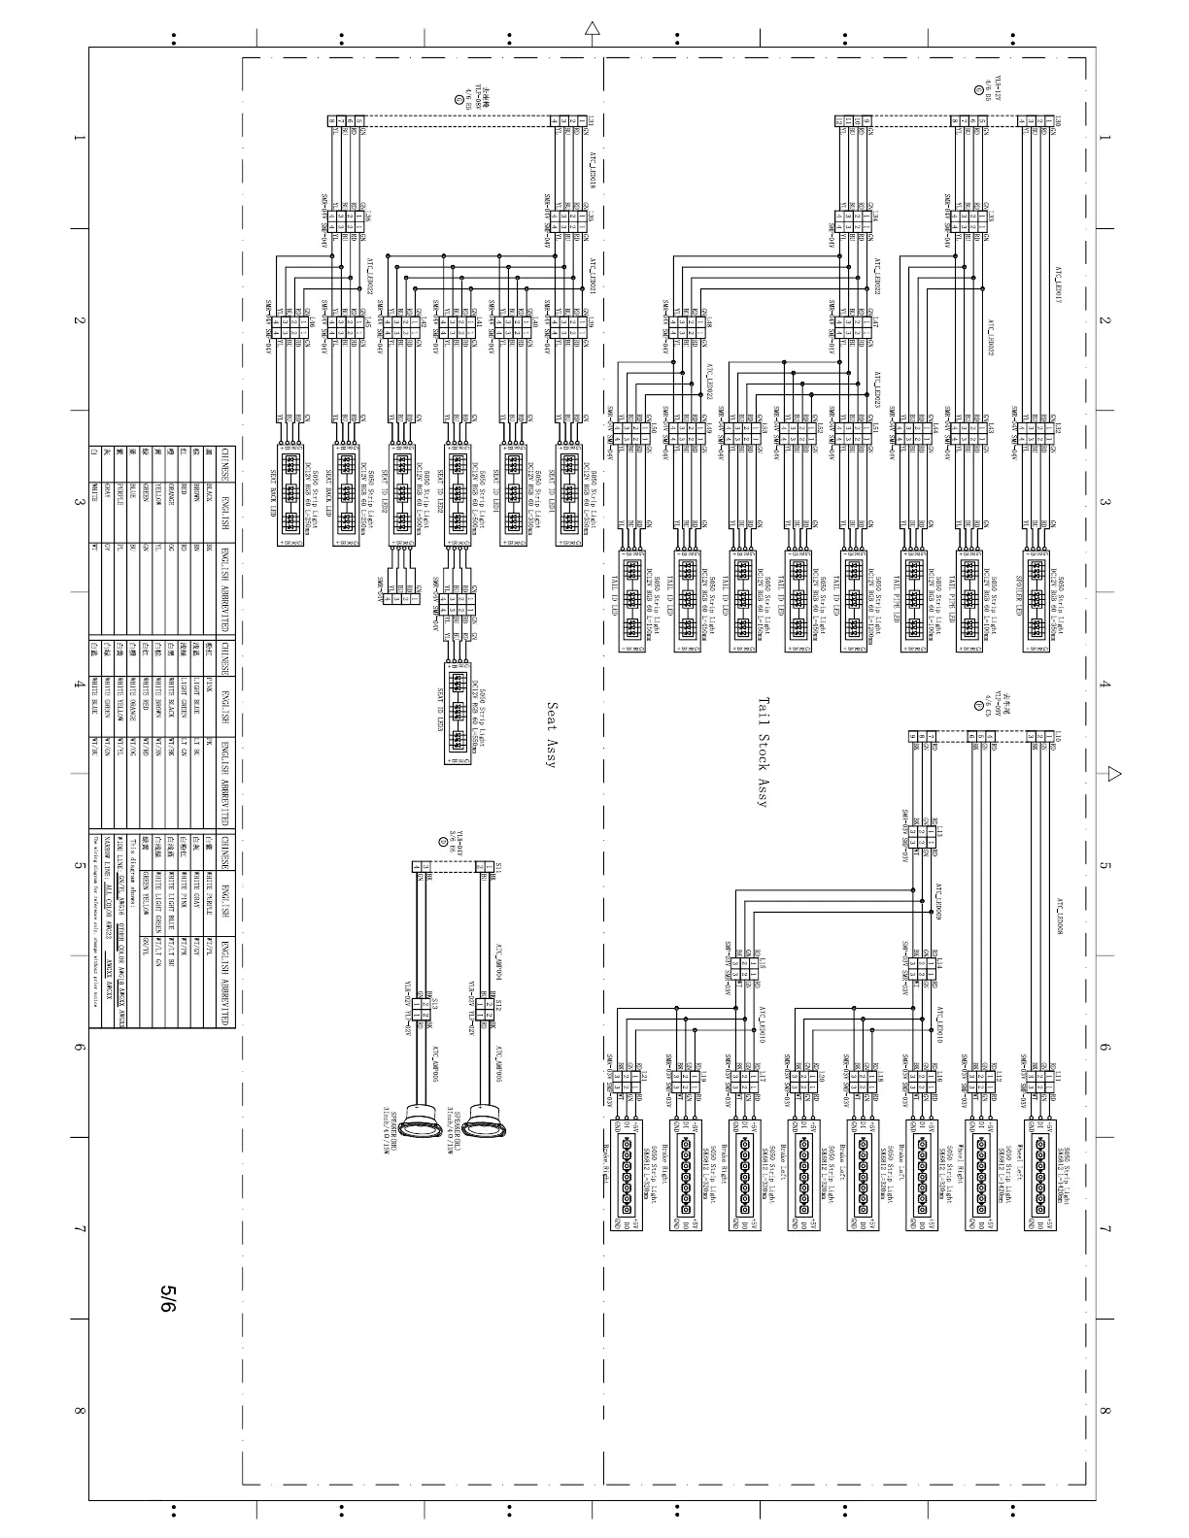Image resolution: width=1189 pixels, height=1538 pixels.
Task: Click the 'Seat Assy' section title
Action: (x=551, y=736)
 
